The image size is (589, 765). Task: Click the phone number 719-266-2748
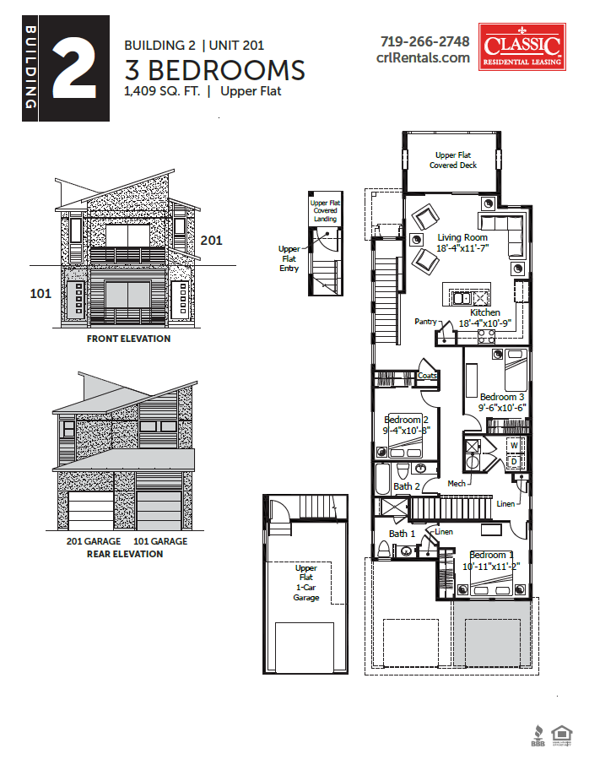pyautogui.click(x=424, y=41)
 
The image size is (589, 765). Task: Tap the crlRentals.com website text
pyautogui.click(x=423, y=57)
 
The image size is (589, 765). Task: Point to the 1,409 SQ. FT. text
pyautogui.click(x=162, y=91)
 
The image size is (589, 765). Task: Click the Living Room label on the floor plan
pyautogui.click(x=462, y=237)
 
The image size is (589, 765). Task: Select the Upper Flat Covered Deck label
pyautogui.click(x=453, y=160)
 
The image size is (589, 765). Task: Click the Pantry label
pyautogui.click(x=425, y=322)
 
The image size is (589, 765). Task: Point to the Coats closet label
pyautogui.click(x=427, y=376)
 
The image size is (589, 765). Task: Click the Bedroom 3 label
pyautogui.click(x=502, y=397)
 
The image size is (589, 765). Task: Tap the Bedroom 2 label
pyautogui.click(x=407, y=420)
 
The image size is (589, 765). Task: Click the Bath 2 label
pyautogui.click(x=406, y=486)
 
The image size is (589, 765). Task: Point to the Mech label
pyautogui.click(x=457, y=484)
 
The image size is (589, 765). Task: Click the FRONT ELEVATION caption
pyautogui.click(x=128, y=339)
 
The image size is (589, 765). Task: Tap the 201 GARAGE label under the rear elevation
pyautogui.click(x=94, y=541)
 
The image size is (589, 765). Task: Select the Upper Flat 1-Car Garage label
pyautogui.click(x=306, y=583)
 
